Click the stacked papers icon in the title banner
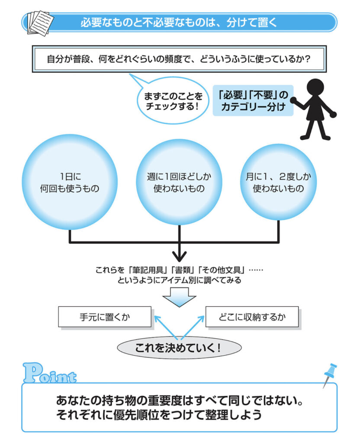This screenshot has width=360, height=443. coord(40,22)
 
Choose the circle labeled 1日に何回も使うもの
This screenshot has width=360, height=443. coord(70,182)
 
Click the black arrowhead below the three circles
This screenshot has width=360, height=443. coord(179,254)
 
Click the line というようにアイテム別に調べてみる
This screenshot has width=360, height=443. coord(179,280)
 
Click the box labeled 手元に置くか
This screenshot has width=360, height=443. coord(105,317)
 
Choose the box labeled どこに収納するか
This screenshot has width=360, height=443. coord(252,317)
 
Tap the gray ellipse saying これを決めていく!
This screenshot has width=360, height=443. coord(179,347)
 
